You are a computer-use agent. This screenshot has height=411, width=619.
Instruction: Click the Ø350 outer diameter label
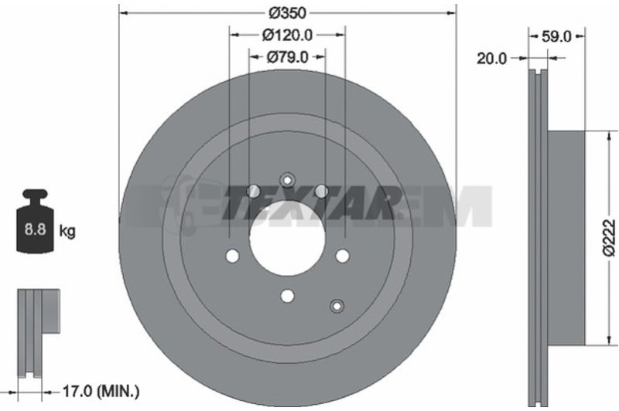pos(287,12)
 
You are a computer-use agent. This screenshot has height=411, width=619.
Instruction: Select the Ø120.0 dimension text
pos(287,36)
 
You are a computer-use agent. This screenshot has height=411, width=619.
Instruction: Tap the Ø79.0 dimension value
pos(287,57)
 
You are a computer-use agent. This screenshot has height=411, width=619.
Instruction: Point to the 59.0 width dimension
pos(556,36)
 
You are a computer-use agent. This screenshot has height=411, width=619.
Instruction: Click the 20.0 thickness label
pos(491,59)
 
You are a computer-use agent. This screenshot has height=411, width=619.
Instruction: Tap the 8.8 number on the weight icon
pos(35,229)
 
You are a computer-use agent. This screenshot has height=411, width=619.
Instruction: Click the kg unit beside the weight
pos(67,231)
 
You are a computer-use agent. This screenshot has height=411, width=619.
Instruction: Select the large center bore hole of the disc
pos(287,238)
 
